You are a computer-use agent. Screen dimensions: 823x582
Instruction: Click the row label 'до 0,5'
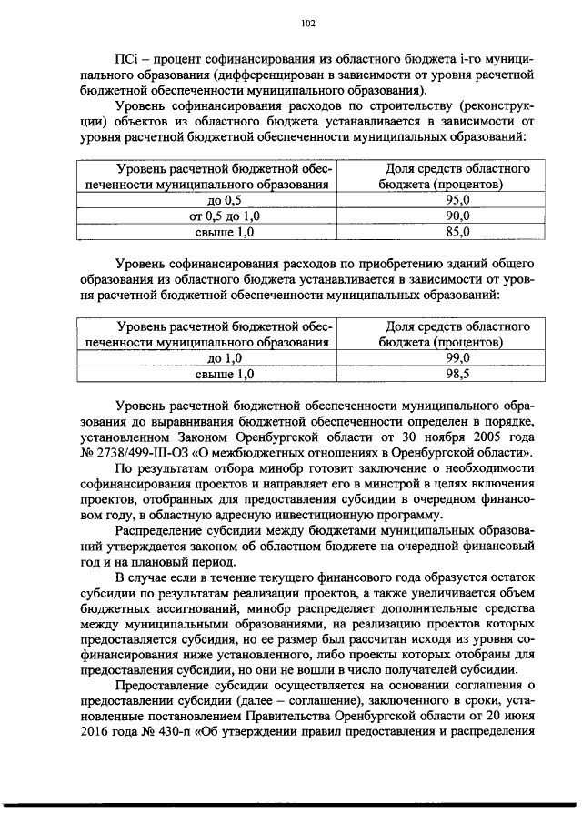point(225,200)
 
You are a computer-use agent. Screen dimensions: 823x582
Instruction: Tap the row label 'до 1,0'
point(225,357)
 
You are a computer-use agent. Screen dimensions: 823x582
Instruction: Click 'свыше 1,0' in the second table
point(225,373)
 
